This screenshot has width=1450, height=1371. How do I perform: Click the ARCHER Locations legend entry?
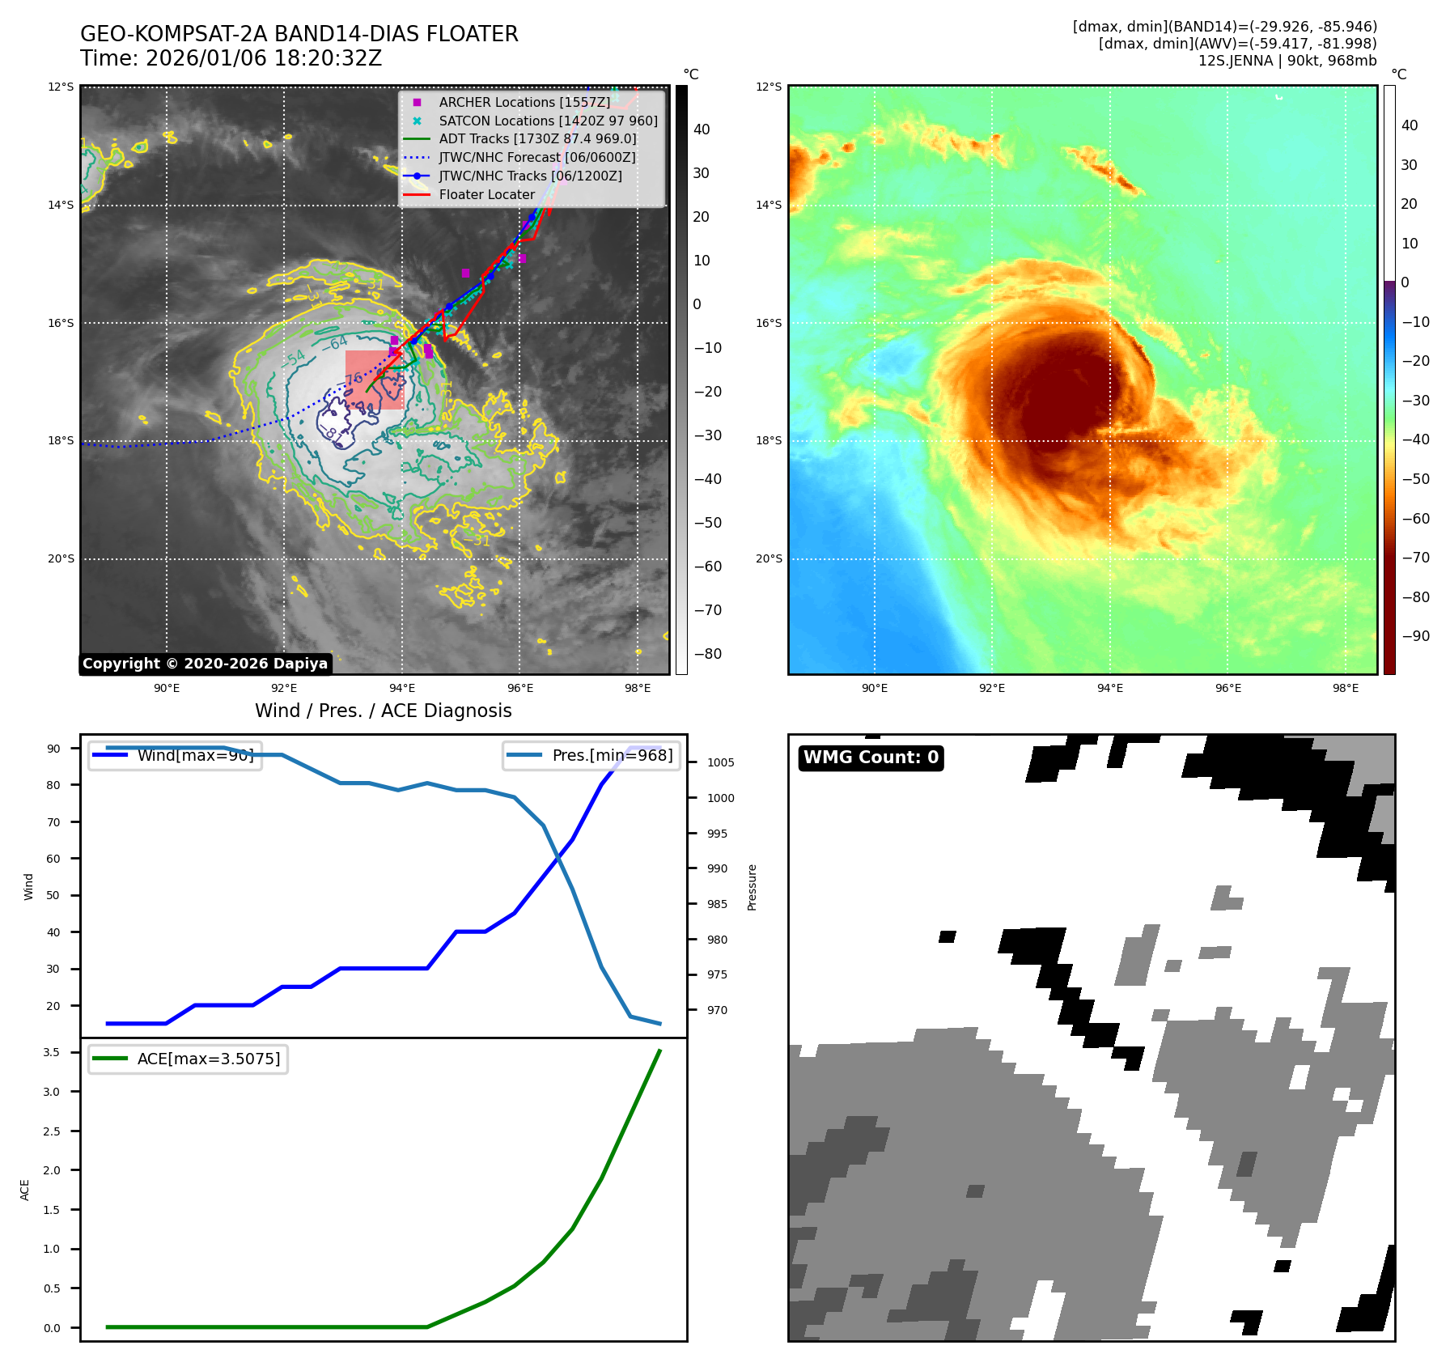[524, 103]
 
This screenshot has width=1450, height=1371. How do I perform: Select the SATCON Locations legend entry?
[548, 121]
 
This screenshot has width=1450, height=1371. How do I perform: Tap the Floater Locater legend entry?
[486, 195]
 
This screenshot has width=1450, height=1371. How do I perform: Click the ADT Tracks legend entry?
[537, 139]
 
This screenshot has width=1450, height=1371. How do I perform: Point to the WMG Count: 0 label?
[871, 758]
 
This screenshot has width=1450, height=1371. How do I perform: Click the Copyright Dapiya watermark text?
[205, 664]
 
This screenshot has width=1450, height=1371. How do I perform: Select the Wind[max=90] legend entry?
[195, 756]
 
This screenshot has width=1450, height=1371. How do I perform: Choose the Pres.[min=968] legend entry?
[612, 756]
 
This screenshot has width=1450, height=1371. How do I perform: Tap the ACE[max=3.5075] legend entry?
[208, 1059]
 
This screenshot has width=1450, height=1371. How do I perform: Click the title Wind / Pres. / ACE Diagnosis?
[384, 711]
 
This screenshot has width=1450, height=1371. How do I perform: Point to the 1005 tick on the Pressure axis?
[720, 762]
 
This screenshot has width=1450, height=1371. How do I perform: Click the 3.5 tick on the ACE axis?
[52, 1052]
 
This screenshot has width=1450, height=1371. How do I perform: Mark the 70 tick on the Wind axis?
[53, 822]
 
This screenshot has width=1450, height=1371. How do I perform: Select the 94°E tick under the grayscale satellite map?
[402, 689]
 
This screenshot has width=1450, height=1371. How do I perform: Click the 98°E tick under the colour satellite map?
[1346, 689]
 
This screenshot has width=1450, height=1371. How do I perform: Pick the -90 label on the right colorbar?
[1415, 636]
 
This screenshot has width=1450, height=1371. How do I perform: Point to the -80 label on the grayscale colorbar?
[707, 654]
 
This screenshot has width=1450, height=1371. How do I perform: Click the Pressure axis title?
[752, 887]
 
